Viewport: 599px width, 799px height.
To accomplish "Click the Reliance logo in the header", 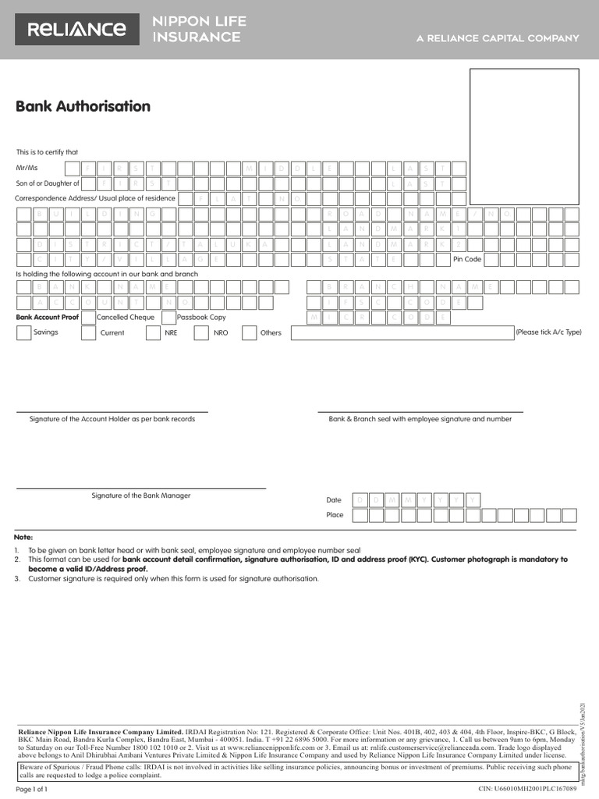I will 76,30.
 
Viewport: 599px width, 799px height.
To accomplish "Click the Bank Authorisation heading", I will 83,107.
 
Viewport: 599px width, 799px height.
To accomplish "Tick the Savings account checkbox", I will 23,333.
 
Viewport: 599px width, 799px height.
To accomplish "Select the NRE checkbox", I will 153,333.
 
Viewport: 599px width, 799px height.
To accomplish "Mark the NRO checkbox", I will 201,333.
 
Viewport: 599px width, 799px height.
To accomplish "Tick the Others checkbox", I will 249,333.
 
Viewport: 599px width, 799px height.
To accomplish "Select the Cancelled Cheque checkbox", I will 88,318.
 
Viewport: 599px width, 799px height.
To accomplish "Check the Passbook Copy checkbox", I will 168,318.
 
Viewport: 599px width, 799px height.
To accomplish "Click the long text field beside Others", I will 402,333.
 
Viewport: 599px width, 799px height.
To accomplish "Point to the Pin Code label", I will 468,258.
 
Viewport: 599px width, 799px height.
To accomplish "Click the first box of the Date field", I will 360,499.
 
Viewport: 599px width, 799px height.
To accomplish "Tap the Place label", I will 335,515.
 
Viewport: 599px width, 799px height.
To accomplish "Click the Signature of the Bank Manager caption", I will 141,495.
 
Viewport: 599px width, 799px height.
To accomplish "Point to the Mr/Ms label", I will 27,169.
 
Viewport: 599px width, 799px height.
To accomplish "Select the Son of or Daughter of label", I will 48,183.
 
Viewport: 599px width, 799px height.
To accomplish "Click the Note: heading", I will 23,538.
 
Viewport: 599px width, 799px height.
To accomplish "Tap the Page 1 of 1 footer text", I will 32,790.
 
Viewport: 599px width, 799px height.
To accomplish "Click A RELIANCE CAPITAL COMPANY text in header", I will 497,38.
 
